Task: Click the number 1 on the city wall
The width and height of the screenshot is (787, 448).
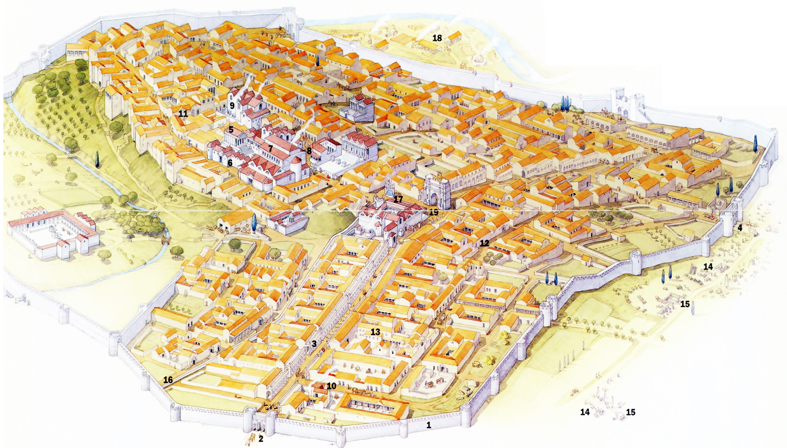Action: (428, 425)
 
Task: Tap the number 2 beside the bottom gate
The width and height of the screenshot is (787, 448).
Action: (261, 439)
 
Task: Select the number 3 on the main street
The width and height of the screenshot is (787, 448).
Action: (314, 344)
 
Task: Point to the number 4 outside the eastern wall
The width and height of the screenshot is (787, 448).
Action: (739, 228)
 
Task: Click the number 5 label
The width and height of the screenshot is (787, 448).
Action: (231, 130)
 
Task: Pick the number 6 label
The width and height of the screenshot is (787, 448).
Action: (230, 163)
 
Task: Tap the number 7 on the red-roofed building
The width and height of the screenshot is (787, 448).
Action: (270, 148)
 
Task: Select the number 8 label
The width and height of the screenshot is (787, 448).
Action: (309, 151)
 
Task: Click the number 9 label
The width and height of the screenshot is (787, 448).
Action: (232, 105)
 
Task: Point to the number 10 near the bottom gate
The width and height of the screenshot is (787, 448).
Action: (332, 386)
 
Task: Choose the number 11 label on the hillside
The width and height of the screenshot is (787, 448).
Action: (183, 114)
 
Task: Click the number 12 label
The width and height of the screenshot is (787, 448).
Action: (484, 243)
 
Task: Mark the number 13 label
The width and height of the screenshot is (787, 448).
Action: (375, 332)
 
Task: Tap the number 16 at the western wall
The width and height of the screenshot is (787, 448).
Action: (168, 380)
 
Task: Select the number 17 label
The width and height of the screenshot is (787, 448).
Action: (398, 199)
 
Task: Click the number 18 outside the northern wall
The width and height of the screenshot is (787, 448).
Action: (437, 38)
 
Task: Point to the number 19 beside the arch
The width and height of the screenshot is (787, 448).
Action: (433, 212)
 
